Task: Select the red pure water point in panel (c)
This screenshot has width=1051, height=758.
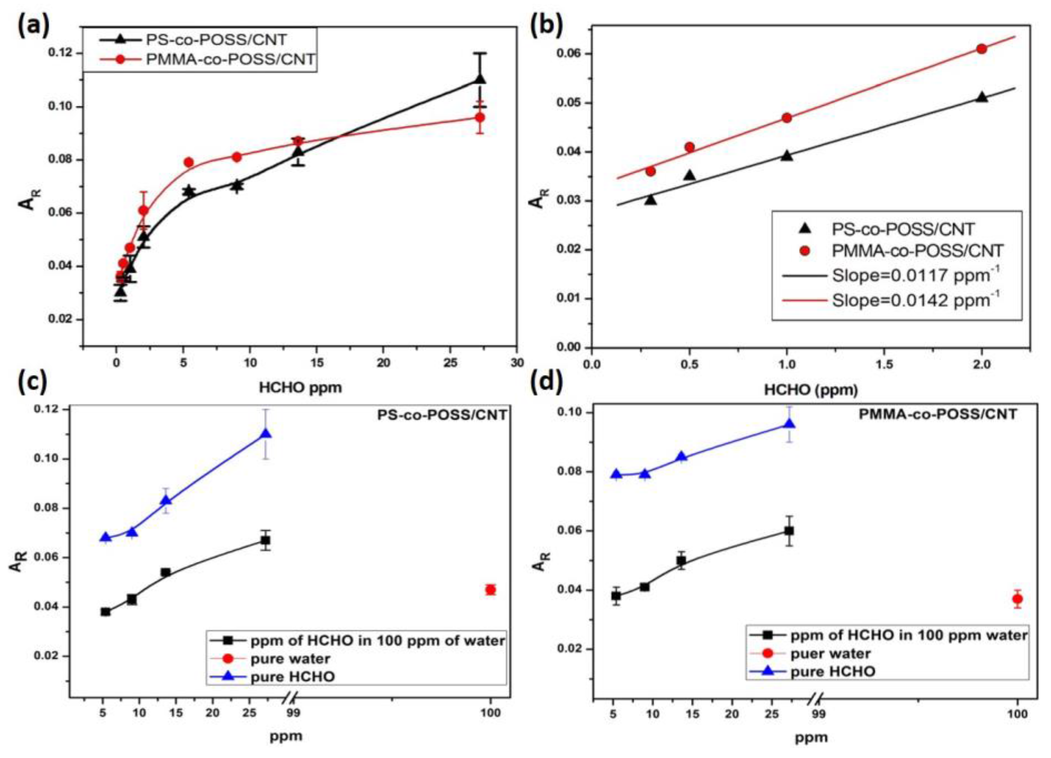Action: coord(491,590)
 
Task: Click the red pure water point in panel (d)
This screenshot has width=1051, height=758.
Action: coord(1018,599)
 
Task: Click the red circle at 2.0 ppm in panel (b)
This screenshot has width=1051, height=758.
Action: coord(981,49)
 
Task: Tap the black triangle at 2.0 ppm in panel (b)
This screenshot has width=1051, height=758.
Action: coord(981,97)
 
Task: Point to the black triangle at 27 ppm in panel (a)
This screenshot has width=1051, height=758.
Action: coord(480,79)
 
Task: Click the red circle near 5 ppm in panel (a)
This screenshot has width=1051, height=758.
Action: coord(188,162)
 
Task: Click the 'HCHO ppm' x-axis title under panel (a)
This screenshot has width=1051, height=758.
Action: coord(300,387)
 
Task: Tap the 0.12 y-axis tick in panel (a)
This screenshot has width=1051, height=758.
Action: coord(61,53)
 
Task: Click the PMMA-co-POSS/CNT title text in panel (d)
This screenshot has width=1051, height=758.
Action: coord(938,414)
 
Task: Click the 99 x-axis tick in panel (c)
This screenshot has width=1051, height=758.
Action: coord(294,712)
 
